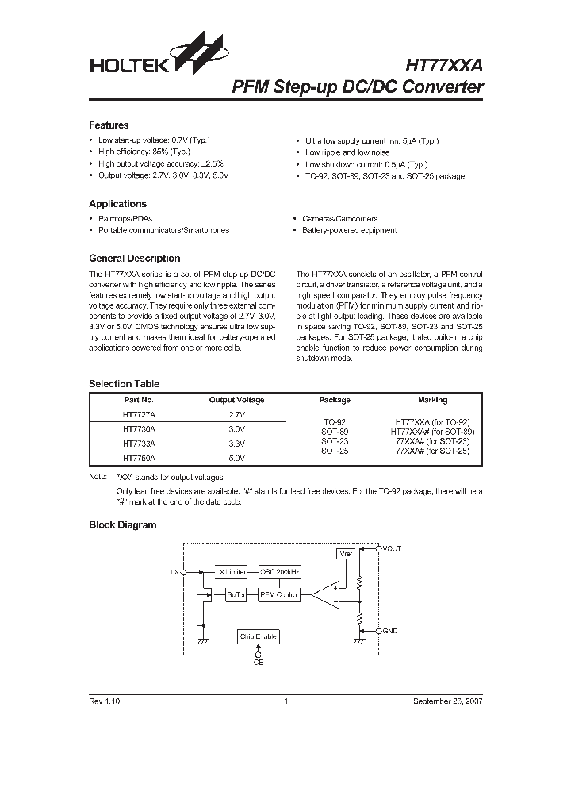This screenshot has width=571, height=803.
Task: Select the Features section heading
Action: [109, 125]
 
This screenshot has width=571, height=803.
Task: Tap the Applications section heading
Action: [117, 204]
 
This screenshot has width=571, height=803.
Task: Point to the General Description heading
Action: [134, 259]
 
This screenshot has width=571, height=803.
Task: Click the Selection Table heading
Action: [124, 384]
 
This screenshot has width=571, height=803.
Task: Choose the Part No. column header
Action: [139, 401]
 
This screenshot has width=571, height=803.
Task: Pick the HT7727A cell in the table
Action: [139, 414]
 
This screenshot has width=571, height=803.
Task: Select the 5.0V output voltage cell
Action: [236, 458]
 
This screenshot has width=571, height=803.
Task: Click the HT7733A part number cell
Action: [139, 444]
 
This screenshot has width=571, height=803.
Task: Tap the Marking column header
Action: [432, 401]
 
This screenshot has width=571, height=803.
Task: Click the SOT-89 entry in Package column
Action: [334, 432]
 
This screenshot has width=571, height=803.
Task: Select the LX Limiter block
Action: [231, 571]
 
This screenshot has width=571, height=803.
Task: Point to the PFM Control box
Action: [279, 594]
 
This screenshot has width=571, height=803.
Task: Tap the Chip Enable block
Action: [259, 636]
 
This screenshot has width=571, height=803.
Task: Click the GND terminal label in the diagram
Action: [389, 631]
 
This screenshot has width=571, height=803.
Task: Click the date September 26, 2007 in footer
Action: [447, 701]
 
